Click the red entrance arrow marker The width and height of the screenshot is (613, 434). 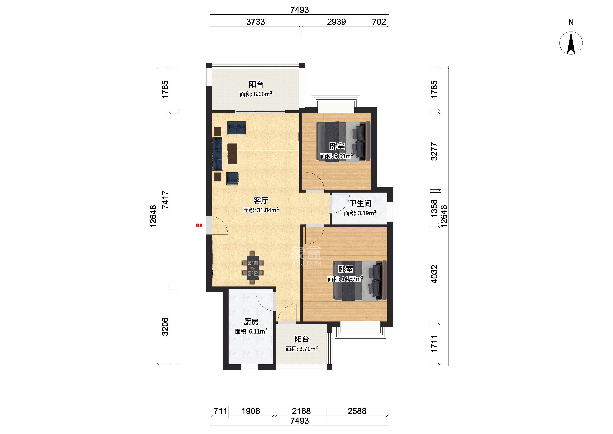click(199, 225)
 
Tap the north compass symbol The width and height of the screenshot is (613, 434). click(571, 43)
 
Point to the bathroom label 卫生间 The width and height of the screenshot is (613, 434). click(360, 203)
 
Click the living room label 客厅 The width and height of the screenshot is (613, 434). click(261, 200)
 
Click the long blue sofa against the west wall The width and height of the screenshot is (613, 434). click(217, 154)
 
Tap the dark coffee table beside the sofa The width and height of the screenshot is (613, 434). click(232, 154)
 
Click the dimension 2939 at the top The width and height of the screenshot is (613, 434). click(336, 22)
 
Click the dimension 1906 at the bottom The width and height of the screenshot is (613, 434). click(251, 411)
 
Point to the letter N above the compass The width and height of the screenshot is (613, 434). click(571, 22)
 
